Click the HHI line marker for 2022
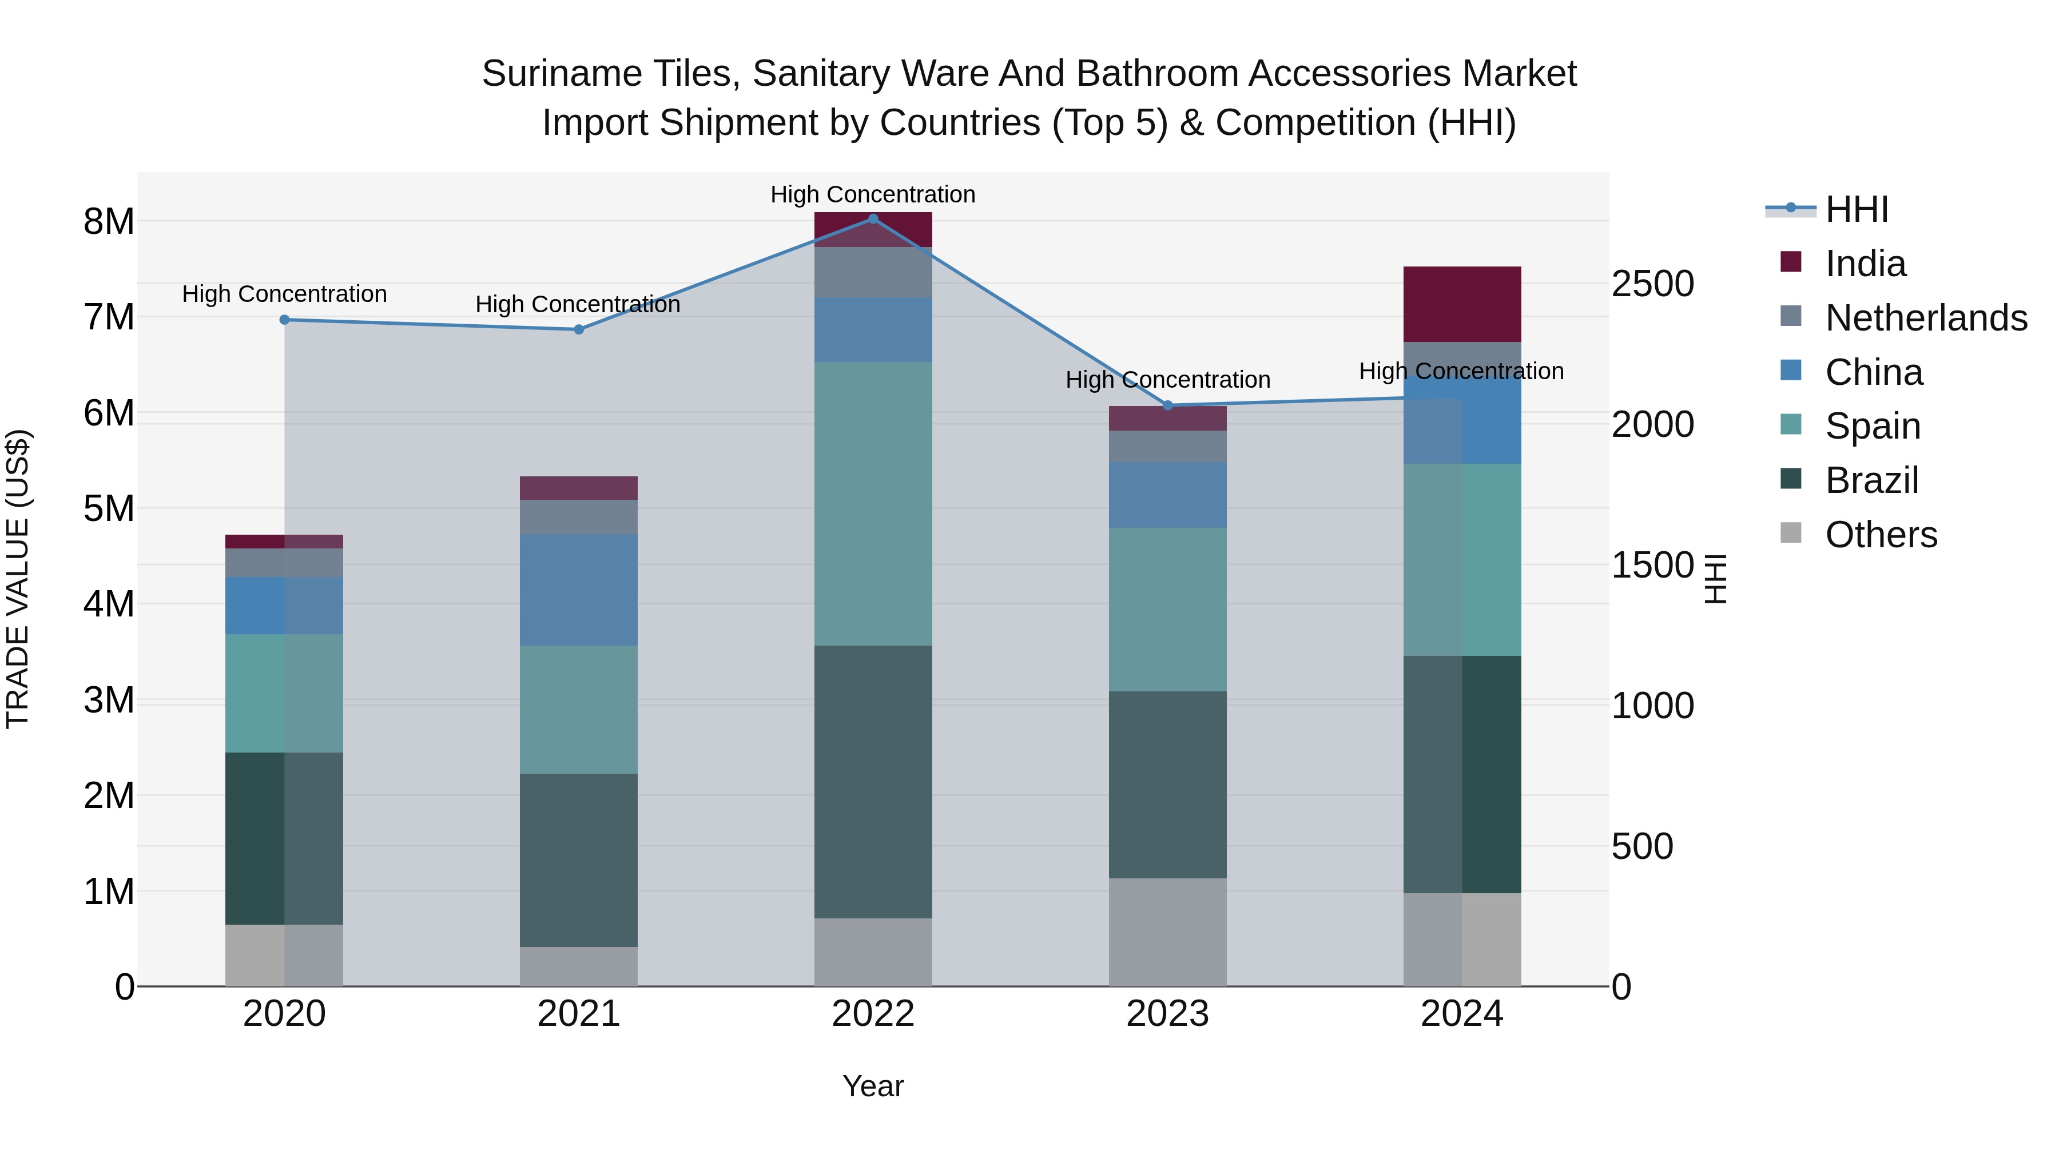pos(873,218)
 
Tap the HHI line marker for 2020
pos(285,320)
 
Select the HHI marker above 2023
pos(1168,405)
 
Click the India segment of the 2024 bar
pos(1462,304)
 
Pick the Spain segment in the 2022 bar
pos(873,503)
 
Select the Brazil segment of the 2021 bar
pos(579,860)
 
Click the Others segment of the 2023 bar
pos(1168,932)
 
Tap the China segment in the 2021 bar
pos(579,590)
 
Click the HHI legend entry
pos(1857,209)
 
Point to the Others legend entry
pos(1881,535)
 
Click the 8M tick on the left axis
pos(109,221)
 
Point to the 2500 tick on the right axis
pos(1652,284)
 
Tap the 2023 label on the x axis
pos(1168,1014)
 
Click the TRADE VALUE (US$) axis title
pos(18,579)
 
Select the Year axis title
pos(873,1086)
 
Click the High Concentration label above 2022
pos(873,194)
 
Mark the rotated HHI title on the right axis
pos(1715,579)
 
